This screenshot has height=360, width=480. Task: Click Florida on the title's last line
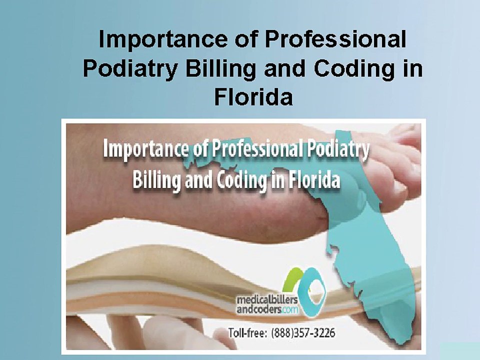[253, 97]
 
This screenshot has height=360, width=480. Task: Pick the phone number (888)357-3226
[303, 332]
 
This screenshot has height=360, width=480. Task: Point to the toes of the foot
[400, 145]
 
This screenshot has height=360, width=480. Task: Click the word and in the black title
[283, 68]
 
